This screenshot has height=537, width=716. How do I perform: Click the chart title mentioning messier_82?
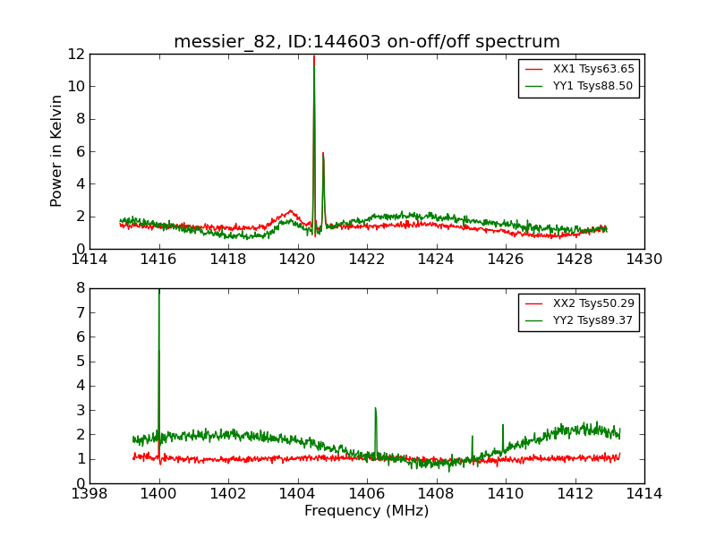point(367,42)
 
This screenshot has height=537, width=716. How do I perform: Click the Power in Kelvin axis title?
point(57,150)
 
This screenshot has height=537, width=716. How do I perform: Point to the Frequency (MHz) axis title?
point(367,511)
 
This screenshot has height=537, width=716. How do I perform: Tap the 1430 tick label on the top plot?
point(644,260)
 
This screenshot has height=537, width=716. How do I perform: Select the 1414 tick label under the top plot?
point(89,260)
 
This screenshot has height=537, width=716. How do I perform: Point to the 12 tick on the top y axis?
point(75,54)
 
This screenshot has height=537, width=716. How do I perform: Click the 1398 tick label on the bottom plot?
point(89,494)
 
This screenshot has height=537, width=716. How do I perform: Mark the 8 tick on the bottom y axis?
point(81,288)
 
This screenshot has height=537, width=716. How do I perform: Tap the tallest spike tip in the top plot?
point(313,56)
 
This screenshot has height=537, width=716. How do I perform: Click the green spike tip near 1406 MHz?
point(375,408)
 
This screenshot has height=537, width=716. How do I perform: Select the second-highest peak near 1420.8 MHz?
point(323,153)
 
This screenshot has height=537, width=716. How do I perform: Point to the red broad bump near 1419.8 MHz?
point(290,211)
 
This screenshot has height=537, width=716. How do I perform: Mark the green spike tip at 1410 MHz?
point(503,424)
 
